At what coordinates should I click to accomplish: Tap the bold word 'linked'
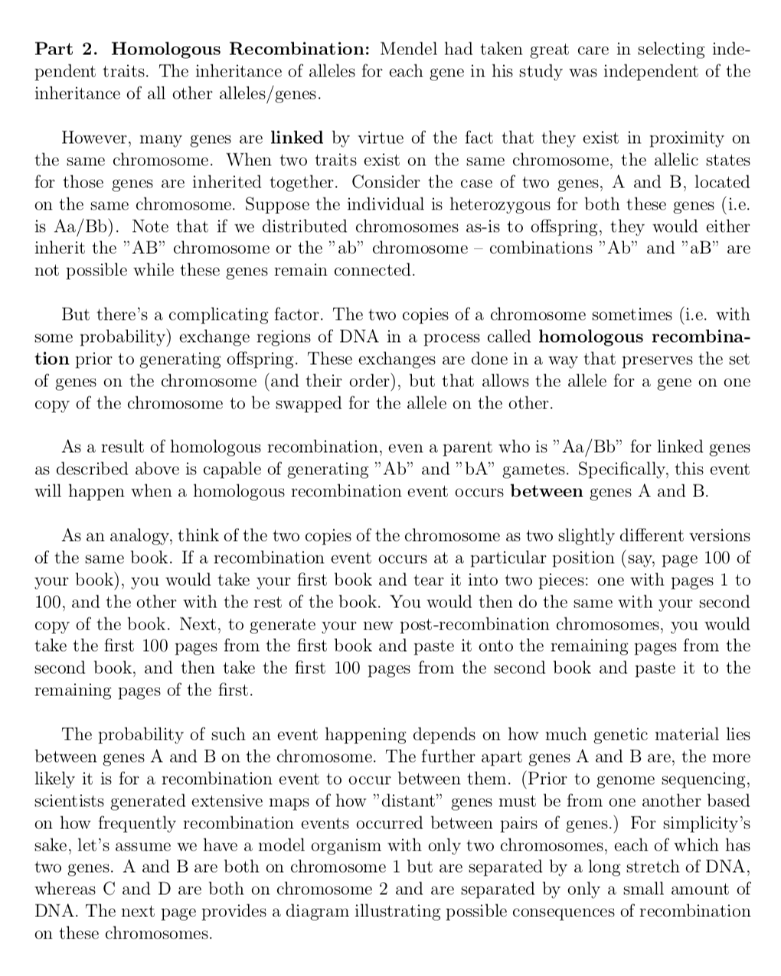[x=297, y=138]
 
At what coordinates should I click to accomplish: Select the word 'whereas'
[x=62, y=890]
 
